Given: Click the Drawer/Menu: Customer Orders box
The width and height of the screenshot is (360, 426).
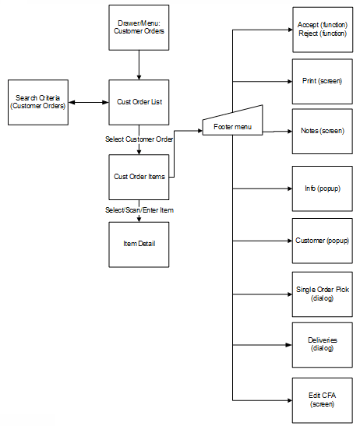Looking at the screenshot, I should pyautogui.click(x=139, y=27).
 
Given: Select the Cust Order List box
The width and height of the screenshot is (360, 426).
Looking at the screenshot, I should pyautogui.click(x=139, y=102).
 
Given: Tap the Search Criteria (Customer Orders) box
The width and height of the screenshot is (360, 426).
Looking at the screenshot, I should pyautogui.click(x=37, y=102).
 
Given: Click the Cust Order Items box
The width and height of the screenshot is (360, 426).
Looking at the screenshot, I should pyautogui.click(x=139, y=177).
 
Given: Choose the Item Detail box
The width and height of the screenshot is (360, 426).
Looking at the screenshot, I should pyautogui.click(x=139, y=245).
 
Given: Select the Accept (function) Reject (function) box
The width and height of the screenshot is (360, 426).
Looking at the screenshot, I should pyautogui.click(x=322, y=30).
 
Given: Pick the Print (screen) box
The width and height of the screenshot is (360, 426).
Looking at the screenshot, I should pyautogui.click(x=322, y=81).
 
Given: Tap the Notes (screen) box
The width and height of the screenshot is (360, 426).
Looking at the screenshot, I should pyautogui.click(x=322, y=131).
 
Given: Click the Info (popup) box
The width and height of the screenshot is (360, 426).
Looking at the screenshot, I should pyautogui.click(x=322, y=188).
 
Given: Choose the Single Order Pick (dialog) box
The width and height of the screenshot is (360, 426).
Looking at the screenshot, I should pyautogui.click(x=322, y=294).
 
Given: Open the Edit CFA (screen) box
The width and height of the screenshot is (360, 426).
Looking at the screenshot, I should pyautogui.click(x=322, y=400).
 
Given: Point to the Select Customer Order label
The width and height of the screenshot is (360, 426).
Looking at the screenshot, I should pyautogui.click(x=139, y=139).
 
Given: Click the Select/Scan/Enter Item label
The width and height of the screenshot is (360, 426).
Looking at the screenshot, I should pyautogui.click(x=139, y=210).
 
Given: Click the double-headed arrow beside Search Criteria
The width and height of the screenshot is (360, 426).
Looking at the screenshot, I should pyautogui.click(x=88, y=102).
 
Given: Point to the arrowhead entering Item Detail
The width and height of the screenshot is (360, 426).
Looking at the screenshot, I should pyautogui.click(x=139, y=219).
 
